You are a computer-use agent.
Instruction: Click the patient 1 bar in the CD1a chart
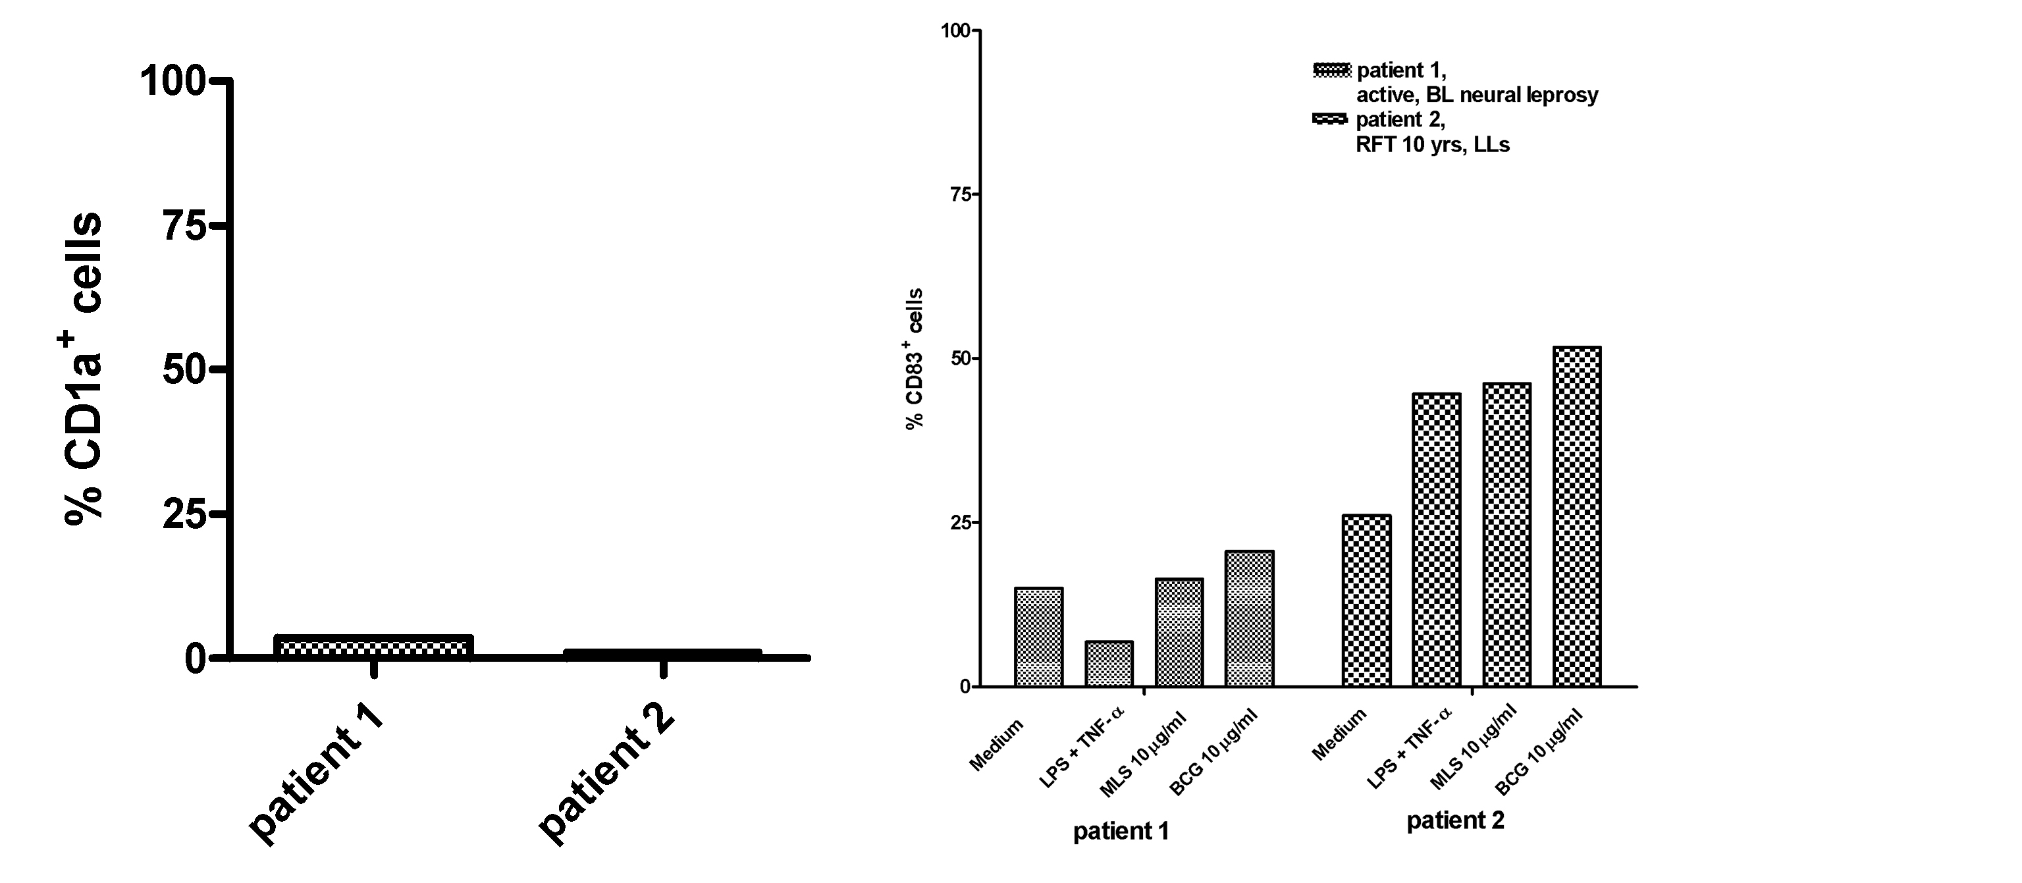373,647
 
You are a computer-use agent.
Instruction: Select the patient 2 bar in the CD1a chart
662,654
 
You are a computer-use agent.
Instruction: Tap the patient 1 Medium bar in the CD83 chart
1038,637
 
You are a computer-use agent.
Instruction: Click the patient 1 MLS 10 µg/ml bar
1179,633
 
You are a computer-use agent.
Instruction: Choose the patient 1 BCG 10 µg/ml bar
1249,618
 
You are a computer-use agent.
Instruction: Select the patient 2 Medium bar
1367,601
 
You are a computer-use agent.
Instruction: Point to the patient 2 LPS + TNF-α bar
1437,540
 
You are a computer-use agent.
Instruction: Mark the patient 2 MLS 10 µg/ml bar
1506,535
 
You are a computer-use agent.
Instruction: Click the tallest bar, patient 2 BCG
1577,516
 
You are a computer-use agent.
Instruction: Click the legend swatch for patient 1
1331,70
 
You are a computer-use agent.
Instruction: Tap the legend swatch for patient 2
1331,119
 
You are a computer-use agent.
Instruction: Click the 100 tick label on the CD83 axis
955,32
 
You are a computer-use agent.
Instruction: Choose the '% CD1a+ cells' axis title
82,367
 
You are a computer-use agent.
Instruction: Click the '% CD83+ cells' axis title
914,359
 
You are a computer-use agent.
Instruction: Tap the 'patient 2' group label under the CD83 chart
1455,821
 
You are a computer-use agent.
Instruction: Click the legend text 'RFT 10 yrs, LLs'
1433,144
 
